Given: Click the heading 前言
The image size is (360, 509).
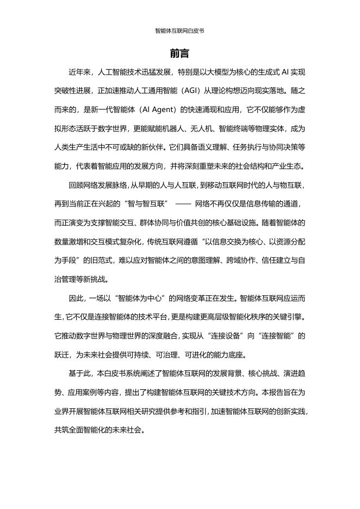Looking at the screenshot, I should [179, 54].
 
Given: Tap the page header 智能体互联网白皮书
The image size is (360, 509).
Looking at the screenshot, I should [179, 31].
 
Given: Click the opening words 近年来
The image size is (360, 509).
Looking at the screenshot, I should [79, 72].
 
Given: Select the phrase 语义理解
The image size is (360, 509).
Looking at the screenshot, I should [213, 147].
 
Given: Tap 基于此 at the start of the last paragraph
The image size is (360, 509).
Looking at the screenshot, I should [79, 374].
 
